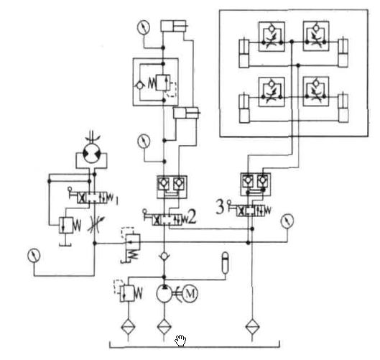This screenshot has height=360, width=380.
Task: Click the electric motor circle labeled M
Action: click(190, 294)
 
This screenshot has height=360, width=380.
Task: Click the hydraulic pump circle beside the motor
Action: click(164, 294)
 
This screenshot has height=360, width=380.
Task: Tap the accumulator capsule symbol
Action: click(225, 262)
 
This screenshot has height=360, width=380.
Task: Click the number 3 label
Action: click(220, 207)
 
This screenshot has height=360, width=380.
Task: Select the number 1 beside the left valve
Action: click(116, 200)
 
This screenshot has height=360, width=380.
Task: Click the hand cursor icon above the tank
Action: click(180, 341)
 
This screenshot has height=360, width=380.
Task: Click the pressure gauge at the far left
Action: click(34, 255)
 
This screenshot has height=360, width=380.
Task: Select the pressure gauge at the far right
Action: click(287, 221)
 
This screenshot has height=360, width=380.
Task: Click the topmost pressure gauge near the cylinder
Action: click(144, 27)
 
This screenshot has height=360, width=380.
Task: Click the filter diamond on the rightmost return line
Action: click(252, 326)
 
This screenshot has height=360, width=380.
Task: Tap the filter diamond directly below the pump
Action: click(164, 326)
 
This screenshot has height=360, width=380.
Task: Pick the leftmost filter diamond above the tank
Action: click(128, 326)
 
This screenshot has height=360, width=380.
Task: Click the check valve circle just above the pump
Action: click(164, 256)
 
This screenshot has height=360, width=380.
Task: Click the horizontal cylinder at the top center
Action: click(174, 26)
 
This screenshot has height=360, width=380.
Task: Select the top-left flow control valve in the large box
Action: click(272, 37)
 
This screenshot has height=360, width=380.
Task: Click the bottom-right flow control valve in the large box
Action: click(316, 91)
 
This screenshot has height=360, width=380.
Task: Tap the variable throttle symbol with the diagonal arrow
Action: click(96, 224)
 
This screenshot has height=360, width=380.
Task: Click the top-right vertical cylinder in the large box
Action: click(343, 52)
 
